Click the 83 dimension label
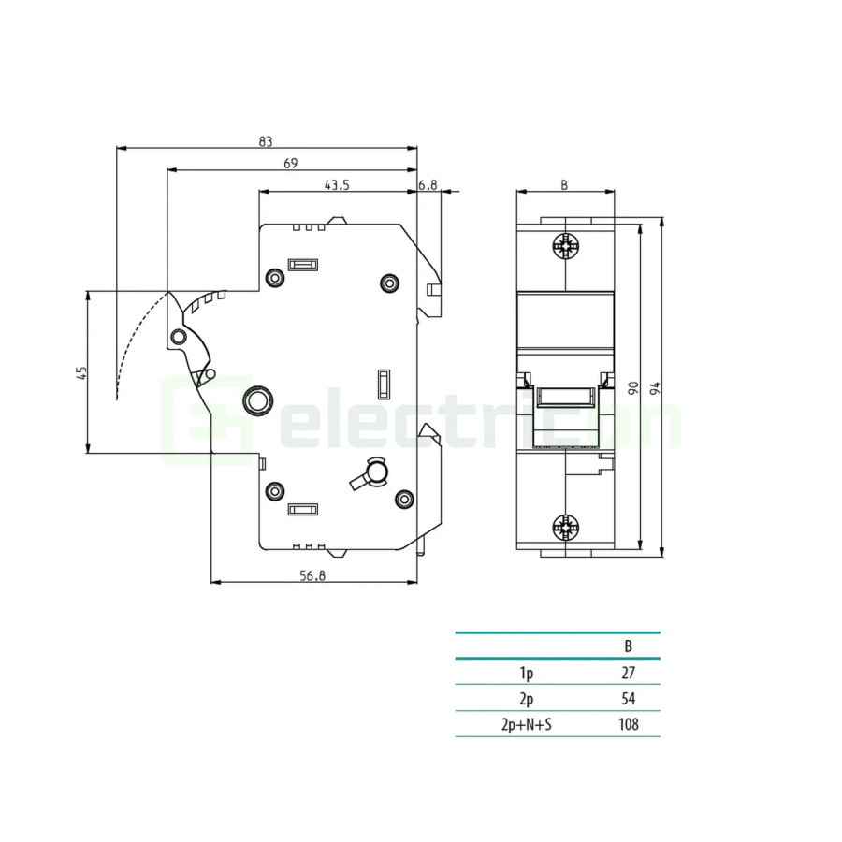click(x=266, y=141)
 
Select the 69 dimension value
click(x=290, y=164)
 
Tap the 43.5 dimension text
click(x=337, y=185)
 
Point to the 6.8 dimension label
click(x=428, y=185)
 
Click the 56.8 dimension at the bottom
click(x=312, y=576)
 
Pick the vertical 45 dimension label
click(x=81, y=372)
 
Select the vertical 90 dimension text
click(x=632, y=387)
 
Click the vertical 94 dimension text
click(x=655, y=387)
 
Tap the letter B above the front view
click(x=564, y=185)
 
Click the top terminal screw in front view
click(x=565, y=247)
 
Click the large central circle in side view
click(x=255, y=401)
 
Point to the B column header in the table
click(x=629, y=646)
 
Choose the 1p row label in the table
click(x=527, y=672)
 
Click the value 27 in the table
click(x=629, y=672)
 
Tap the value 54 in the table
click(x=629, y=698)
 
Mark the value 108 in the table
click(x=629, y=724)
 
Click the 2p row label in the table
click(x=527, y=698)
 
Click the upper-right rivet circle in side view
click(x=389, y=283)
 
